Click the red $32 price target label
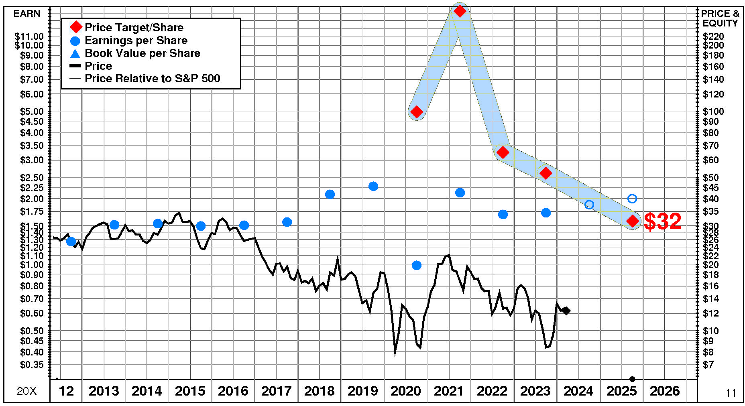(x=662, y=221)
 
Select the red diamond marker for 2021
(x=460, y=11)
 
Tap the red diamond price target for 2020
(x=417, y=112)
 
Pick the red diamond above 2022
(x=503, y=152)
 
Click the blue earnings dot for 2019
(x=373, y=186)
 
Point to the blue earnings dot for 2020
(x=417, y=265)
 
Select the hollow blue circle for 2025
(x=632, y=199)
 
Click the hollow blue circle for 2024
(x=589, y=205)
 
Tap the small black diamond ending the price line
(x=566, y=311)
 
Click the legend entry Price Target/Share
(x=134, y=28)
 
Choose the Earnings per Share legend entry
(x=136, y=41)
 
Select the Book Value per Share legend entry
(x=142, y=53)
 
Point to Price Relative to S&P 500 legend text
(x=153, y=79)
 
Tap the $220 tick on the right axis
(x=713, y=37)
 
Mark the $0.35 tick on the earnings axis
(x=32, y=365)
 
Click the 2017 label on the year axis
(x=276, y=391)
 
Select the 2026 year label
(x=665, y=391)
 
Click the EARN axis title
(x=27, y=14)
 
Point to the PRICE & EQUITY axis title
(x=720, y=18)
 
